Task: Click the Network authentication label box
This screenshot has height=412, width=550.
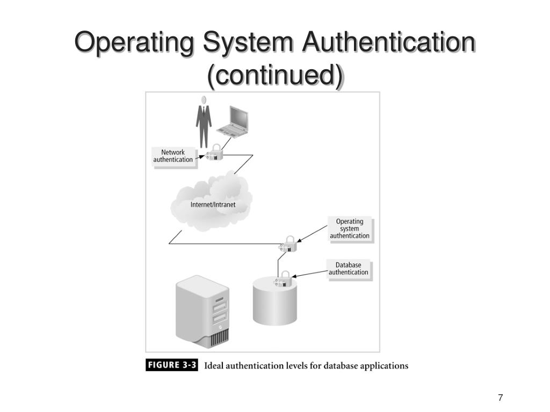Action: [x=173, y=156]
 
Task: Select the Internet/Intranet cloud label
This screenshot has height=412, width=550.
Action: [x=213, y=204]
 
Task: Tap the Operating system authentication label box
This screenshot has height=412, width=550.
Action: [x=350, y=229]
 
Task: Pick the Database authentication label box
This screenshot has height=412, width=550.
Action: [x=349, y=269]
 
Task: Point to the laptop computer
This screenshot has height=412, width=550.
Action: [x=234, y=122]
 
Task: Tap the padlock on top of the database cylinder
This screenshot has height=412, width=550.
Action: [x=283, y=279]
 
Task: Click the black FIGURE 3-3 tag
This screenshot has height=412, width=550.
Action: [x=172, y=366]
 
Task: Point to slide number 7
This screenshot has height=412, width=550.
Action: [x=501, y=398]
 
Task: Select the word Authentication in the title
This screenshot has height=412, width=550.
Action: [x=388, y=43]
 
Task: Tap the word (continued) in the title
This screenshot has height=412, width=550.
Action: [x=274, y=75]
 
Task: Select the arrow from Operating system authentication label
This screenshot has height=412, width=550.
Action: [x=312, y=234]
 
